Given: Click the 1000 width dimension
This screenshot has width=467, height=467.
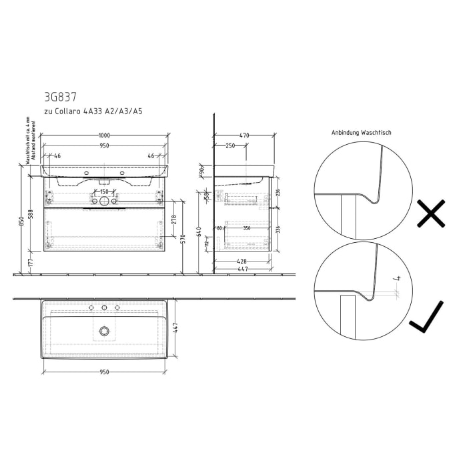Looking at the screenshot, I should [104, 135].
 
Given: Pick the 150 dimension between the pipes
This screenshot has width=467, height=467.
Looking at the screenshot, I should [104, 192].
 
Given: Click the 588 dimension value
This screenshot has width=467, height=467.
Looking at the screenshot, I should [30, 215].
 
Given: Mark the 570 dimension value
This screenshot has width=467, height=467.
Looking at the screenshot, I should [183, 240].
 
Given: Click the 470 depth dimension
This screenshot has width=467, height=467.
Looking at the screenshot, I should [244, 135].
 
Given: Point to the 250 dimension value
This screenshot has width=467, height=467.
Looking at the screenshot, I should [229, 145].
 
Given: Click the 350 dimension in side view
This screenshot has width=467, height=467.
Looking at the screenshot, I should [248, 228].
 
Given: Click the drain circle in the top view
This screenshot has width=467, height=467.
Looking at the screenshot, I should [104, 330].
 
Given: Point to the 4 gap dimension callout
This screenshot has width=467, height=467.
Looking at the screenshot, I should [396, 278].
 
